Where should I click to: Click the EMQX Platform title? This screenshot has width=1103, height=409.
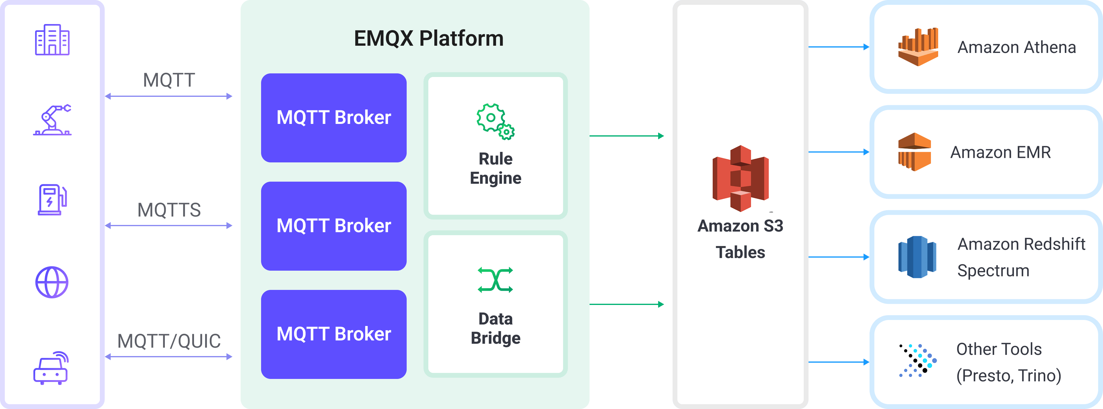pyautogui.click(x=429, y=38)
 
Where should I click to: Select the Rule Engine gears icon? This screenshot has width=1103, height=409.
pyautogui.click(x=495, y=121)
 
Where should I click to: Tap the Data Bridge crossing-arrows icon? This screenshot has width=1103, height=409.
pyautogui.click(x=495, y=280)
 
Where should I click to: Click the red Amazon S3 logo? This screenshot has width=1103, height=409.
pyautogui.click(x=740, y=178)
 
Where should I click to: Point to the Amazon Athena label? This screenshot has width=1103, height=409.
pyautogui.click(x=1016, y=47)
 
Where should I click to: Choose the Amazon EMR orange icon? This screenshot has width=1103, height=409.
pyautogui.click(x=914, y=152)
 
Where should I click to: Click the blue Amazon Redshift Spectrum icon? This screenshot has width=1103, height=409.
pyautogui.click(x=917, y=257)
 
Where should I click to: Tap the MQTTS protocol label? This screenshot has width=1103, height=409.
pyautogui.click(x=169, y=210)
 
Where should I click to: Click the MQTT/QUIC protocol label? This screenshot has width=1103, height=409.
pyautogui.click(x=169, y=341)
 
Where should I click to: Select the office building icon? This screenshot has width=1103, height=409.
pyautogui.click(x=52, y=40)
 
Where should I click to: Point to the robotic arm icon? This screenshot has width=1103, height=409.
pyautogui.click(x=52, y=120)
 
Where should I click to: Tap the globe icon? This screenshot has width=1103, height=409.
pyautogui.click(x=52, y=282)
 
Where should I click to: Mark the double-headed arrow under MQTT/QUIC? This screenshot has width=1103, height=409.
pyautogui.click(x=169, y=357)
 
